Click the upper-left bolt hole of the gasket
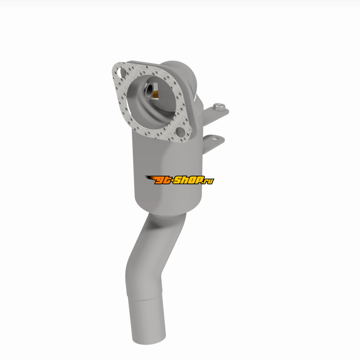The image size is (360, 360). [121, 72]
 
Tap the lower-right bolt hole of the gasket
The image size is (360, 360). [180, 132]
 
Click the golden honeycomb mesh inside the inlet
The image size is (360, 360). [155, 94]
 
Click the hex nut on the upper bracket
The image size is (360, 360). [219, 107]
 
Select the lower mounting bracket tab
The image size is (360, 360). [213, 144]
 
